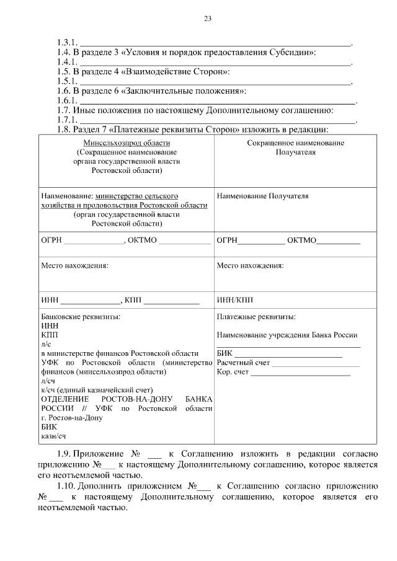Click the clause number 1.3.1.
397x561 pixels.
(x=66, y=43)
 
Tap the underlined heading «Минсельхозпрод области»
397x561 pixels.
(x=126, y=143)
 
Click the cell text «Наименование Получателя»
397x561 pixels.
(x=262, y=197)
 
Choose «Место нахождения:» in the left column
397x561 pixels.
(x=74, y=266)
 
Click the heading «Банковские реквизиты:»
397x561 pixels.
(x=80, y=317)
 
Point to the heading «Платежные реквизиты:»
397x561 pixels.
(x=256, y=317)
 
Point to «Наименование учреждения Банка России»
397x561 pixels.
(x=287, y=335)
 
